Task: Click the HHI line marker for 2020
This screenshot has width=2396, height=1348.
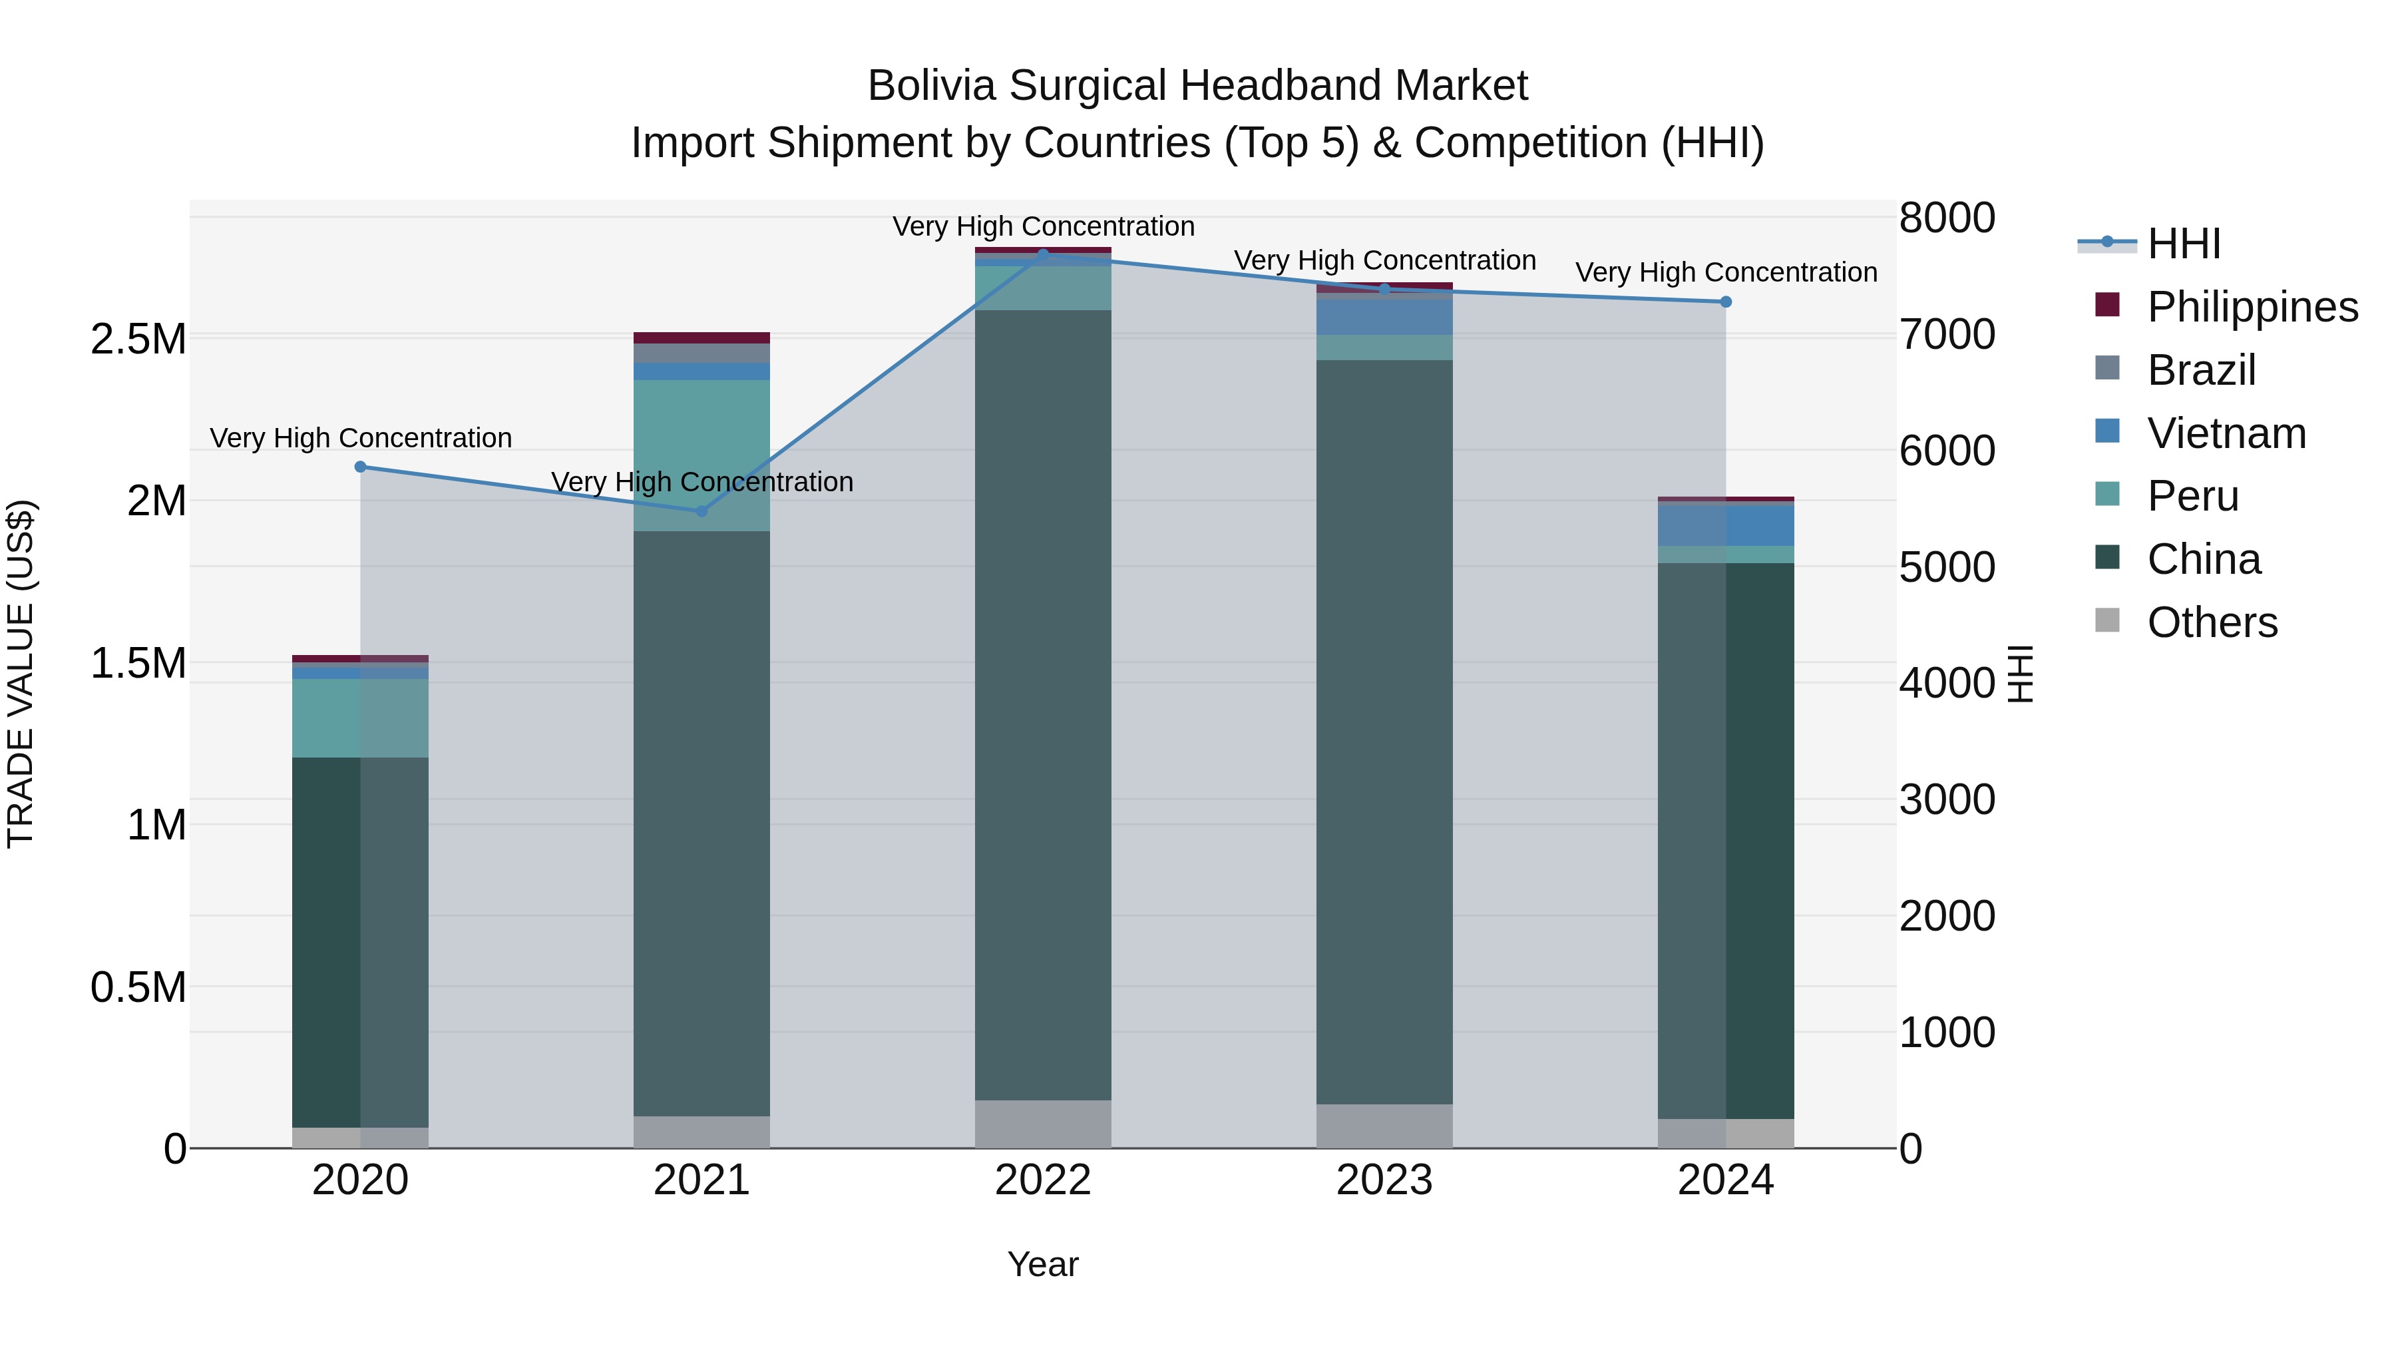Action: pos(361,467)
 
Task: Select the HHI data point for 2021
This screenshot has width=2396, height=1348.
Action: pos(702,511)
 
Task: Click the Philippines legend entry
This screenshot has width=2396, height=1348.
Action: pos(2252,307)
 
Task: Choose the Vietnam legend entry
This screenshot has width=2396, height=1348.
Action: pos(2226,433)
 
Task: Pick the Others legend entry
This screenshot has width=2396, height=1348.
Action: pos(2212,622)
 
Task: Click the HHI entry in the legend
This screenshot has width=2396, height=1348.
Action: pos(2183,244)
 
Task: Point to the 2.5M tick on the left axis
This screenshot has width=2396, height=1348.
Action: pos(138,339)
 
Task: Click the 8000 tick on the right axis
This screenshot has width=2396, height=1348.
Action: pos(1947,218)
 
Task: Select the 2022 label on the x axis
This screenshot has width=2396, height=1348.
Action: pos(1043,1180)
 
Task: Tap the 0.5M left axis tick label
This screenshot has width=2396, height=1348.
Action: pos(138,987)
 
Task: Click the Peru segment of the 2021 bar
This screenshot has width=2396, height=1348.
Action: pos(702,455)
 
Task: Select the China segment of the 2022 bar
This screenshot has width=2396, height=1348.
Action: pos(1043,704)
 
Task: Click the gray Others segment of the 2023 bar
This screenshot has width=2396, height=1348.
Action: pos(1384,1126)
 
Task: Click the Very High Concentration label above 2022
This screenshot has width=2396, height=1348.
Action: pos(1043,226)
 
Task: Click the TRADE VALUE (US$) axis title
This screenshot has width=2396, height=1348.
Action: pos(21,674)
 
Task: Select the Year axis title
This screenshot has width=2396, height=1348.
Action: pos(1043,1264)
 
